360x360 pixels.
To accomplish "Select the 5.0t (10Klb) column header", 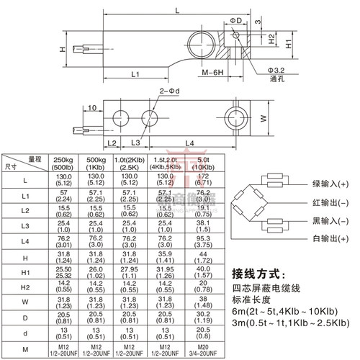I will tap(203, 163).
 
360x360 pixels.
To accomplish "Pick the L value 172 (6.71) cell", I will tap(203, 179).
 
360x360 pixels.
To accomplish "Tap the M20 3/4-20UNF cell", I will tap(203, 351).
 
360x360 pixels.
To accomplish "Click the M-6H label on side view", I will tap(213, 74).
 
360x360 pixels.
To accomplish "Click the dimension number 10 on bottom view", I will tap(91, 107).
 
